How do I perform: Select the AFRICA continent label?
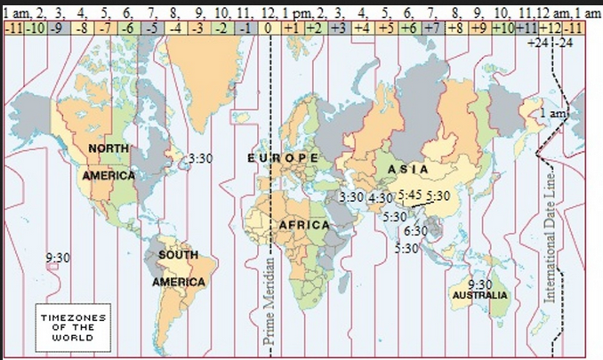(x=304, y=226)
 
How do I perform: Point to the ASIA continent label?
(x=408, y=169)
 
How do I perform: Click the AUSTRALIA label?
(x=480, y=294)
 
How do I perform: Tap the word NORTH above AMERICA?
(x=108, y=148)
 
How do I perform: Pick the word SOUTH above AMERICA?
(x=178, y=255)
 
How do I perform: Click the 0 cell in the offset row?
(x=268, y=28)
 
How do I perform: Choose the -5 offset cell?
(x=152, y=28)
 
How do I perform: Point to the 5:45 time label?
(x=410, y=195)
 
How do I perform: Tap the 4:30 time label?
(x=381, y=196)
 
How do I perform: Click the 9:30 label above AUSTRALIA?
(x=479, y=284)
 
